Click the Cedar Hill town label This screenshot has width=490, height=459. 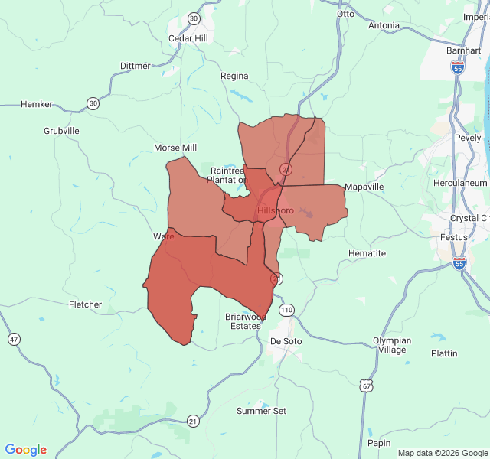(188, 38)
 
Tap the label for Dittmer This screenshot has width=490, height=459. (136, 66)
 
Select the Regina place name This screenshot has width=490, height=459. (234, 76)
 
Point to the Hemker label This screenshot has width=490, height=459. (37, 103)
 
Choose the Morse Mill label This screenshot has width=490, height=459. (175, 148)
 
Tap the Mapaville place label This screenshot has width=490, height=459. (364, 187)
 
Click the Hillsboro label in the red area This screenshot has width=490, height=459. (276, 210)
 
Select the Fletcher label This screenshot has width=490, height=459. (85, 304)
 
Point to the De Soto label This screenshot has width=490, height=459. (286, 340)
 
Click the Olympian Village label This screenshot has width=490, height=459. (391, 345)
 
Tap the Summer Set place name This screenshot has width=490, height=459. (261, 411)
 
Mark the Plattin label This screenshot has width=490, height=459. (444, 353)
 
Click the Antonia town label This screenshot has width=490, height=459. (384, 25)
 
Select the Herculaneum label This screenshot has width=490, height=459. (460, 184)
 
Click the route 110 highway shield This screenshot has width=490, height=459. (286, 310)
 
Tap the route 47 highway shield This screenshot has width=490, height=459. (13, 339)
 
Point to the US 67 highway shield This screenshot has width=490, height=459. (368, 386)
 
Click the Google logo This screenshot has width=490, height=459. (26, 450)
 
